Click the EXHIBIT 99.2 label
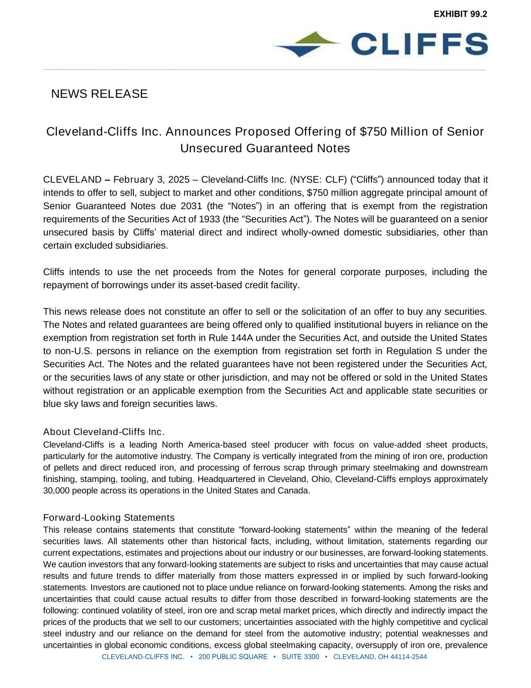pyautogui.click(x=460, y=14)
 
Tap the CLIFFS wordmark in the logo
pyautogui.click(x=419, y=44)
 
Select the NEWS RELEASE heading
pyautogui.click(x=99, y=94)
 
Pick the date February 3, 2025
pyautogui.click(x=151, y=180)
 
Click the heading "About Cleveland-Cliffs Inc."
pyautogui.click(x=104, y=432)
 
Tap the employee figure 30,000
pyautogui.click(x=56, y=491)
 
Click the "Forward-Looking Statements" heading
pyautogui.click(x=109, y=518)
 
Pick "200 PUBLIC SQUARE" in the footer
pyautogui.click(x=233, y=657)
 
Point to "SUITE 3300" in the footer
pyautogui.click(x=300, y=657)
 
